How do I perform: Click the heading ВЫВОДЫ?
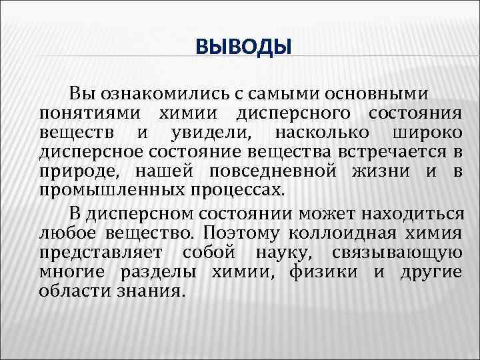click(x=243, y=47)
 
